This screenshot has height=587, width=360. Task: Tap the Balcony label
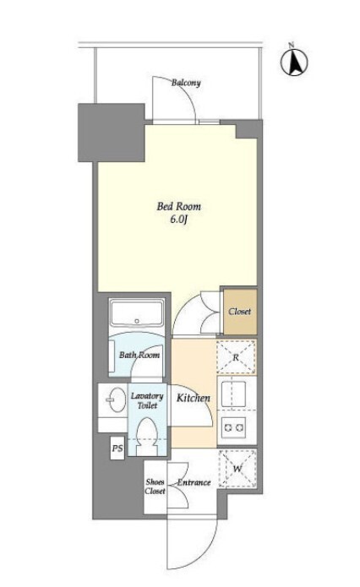[186, 83]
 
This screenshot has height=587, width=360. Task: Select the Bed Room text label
[178, 206]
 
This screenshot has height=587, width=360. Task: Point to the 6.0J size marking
[178, 220]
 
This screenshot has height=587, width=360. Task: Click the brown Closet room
[240, 312]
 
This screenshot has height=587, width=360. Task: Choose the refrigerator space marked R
[237, 356]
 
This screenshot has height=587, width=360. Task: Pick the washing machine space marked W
[237, 468]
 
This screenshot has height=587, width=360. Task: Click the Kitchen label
[194, 398]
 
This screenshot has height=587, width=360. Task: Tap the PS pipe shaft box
[117, 448]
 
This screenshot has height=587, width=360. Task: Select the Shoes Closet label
[155, 486]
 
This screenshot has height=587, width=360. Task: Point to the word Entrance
[194, 482]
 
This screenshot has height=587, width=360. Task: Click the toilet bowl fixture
[147, 437]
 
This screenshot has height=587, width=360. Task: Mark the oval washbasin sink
[116, 399]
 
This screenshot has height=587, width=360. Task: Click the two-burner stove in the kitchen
[233, 427]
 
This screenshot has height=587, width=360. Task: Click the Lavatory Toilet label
[147, 400]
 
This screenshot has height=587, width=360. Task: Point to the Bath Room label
[139, 355]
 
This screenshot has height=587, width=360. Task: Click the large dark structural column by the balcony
[112, 133]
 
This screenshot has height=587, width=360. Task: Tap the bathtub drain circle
[137, 321]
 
